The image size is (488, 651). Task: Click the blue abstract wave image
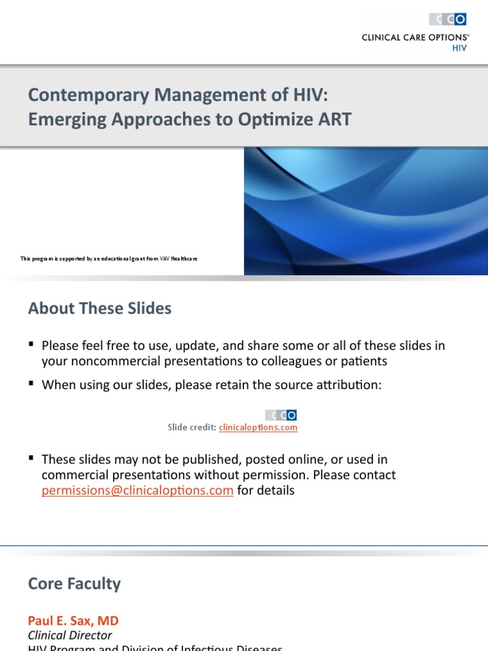point(366,211)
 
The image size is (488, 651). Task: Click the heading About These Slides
point(100,309)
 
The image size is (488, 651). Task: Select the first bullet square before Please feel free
point(31,345)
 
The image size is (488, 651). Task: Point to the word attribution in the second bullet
point(350,385)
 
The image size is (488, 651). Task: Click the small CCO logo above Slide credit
point(281,415)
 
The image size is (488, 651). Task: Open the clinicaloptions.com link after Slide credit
point(258,428)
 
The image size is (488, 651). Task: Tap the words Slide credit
point(192,428)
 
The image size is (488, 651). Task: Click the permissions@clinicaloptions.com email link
point(137,491)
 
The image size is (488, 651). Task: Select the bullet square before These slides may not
point(31,458)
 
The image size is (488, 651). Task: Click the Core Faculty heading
point(74,584)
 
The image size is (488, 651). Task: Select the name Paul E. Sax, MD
point(73,620)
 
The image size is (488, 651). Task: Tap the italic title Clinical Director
point(70,635)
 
